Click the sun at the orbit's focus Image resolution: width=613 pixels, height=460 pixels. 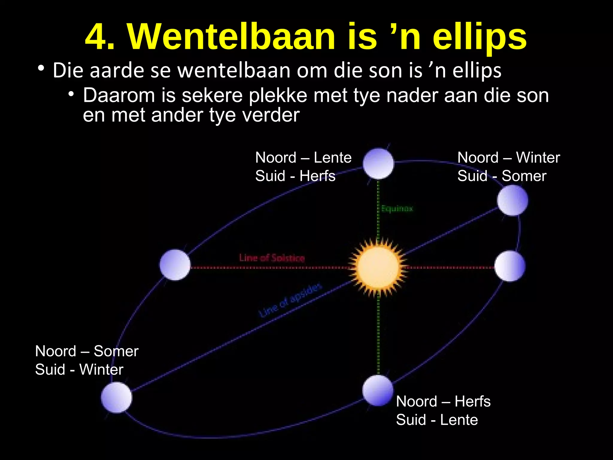click(x=378, y=267)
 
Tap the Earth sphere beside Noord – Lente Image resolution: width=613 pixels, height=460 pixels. click(x=378, y=164)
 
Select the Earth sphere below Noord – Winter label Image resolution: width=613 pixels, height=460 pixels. click(x=512, y=200)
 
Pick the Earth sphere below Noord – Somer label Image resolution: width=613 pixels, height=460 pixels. click(x=116, y=397)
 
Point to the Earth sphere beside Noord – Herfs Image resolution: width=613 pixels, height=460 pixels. click(x=378, y=391)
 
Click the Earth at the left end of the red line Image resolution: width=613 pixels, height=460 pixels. click(x=175, y=265)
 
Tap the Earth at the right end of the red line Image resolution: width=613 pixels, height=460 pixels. click(x=510, y=266)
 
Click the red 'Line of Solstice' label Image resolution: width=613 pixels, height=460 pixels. click(x=272, y=258)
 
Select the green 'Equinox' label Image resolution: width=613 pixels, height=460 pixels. click(x=397, y=208)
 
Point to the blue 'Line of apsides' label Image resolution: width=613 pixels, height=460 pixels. click(x=290, y=300)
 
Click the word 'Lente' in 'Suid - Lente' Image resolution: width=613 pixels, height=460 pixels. click(x=459, y=420)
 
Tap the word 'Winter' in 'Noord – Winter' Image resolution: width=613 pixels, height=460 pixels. click(x=538, y=158)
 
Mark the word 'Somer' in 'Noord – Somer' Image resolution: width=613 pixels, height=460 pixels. click(x=116, y=351)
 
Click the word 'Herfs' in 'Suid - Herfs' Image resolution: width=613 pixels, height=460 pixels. click(x=317, y=176)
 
